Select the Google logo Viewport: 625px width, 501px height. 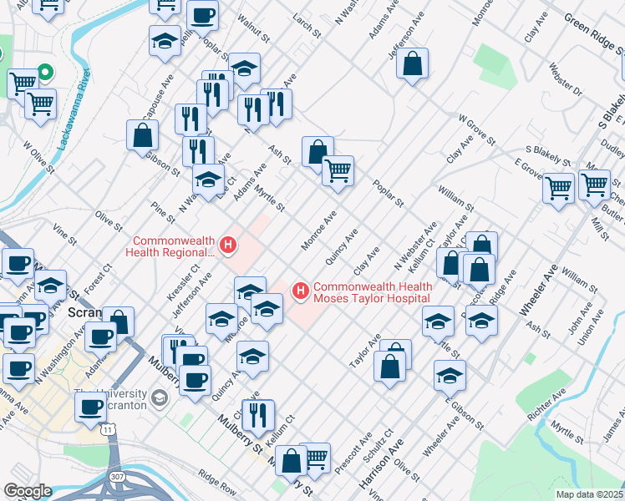pyautogui.click(x=28, y=491)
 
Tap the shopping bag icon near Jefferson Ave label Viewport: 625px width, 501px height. pyautogui.click(x=413, y=63)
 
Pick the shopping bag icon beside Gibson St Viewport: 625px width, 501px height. pyautogui.click(x=143, y=134)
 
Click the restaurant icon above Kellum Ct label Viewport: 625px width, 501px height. pyautogui.click(x=260, y=413)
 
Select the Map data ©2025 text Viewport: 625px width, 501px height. pyautogui.click(x=589, y=494)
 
